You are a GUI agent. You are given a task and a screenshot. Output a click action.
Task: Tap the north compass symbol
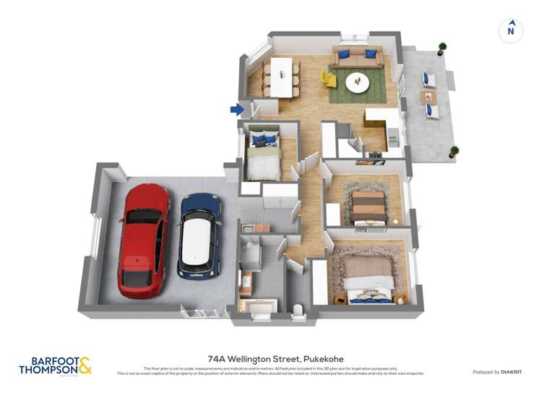(x=511, y=30)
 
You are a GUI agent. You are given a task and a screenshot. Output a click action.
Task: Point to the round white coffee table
(x=356, y=82)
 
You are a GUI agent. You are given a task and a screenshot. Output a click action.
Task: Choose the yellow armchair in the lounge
(x=327, y=76)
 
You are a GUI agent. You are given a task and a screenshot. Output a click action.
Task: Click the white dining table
(x=281, y=76)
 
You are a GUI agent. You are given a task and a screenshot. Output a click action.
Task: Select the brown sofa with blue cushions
(x=358, y=57)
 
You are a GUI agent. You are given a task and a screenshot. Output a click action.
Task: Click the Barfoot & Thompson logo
(x=55, y=365)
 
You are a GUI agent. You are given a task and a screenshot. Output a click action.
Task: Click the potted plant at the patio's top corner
(x=442, y=48)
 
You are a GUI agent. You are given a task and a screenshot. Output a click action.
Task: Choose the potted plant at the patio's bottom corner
(x=454, y=152)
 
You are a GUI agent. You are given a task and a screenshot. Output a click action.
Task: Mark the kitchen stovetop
(x=375, y=155)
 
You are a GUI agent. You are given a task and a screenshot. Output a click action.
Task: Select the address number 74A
(x=215, y=357)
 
